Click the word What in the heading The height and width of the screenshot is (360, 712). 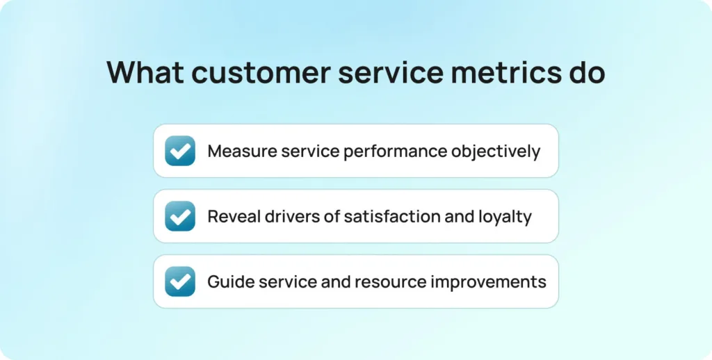coord(145,72)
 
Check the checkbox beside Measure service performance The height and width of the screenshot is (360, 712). coord(180,151)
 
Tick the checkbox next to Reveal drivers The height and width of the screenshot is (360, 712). coord(180,216)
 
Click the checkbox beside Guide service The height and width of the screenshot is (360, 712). coord(180,281)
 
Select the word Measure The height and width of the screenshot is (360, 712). coord(241,152)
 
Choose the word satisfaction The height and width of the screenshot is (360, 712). coord(392,217)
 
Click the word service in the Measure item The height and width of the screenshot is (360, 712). coord(310,152)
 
